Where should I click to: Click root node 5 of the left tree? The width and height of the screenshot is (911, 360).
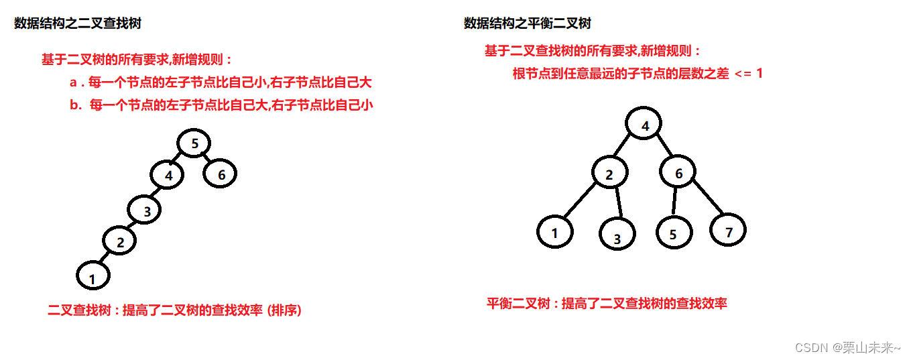pos(194,143)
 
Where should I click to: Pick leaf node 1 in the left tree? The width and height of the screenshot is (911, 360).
pos(93,276)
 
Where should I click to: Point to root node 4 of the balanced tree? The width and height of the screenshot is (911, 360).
pos(644,125)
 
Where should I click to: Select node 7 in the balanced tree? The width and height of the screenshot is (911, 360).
pos(728,231)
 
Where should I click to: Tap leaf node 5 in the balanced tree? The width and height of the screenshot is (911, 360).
pos(672,233)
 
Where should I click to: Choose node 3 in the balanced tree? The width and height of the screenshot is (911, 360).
pos(617,237)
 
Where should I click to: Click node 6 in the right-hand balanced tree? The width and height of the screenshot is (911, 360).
pos(678,174)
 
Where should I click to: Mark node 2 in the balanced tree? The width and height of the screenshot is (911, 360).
pos(609,174)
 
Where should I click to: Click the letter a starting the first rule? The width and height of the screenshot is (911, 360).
pos(74,83)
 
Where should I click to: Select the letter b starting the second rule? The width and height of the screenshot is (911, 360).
pos(74,105)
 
